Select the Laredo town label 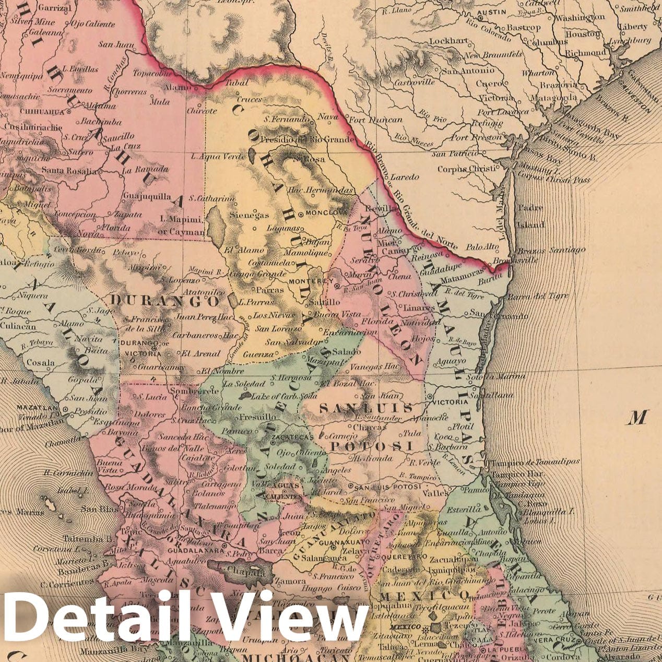(405, 177)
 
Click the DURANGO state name (165, 301)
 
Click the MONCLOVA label (327, 213)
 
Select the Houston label (582, 34)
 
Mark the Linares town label (419, 308)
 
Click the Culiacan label (18, 326)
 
